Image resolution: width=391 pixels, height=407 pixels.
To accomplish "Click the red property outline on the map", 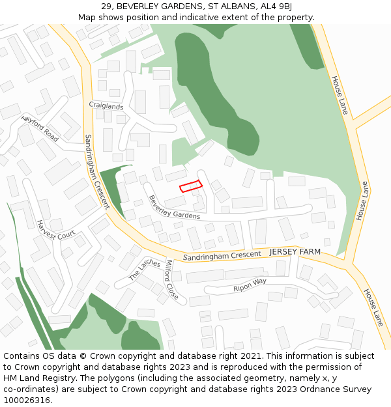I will point(191,187).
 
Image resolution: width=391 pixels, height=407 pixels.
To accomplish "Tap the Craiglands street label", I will point(106,105).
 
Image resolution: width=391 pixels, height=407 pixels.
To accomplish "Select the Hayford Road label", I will point(40,129).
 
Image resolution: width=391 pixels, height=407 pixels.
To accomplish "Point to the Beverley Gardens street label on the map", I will point(174,206).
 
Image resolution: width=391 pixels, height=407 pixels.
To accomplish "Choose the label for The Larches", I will point(145,270).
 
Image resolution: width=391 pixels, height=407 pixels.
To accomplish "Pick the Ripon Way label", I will point(250,285).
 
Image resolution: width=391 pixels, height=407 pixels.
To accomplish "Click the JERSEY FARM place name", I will point(295,251).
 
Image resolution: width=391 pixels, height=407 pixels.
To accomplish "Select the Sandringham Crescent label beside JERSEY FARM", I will point(222,256).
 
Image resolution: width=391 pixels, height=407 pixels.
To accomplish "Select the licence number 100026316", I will point(27,400).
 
